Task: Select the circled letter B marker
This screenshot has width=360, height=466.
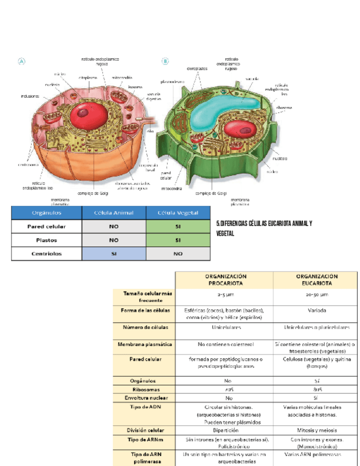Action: click(165, 62)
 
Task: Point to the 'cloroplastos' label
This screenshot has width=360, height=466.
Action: click(197, 69)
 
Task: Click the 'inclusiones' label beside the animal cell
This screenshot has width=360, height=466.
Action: click(30, 96)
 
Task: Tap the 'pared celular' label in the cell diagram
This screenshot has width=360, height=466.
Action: click(166, 175)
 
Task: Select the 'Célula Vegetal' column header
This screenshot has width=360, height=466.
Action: click(179, 213)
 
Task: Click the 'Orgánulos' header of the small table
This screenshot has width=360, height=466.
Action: click(47, 213)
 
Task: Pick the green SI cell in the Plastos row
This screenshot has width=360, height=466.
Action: click(179, 240)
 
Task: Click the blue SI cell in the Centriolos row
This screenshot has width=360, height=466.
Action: click(114, 254)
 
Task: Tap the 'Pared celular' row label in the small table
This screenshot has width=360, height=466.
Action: click(47, 226)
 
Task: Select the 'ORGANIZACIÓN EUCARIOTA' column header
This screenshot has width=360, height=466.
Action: click(316, 280)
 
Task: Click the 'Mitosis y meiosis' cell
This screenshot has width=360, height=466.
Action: click(316, 430)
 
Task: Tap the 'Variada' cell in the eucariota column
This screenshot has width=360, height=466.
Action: click(316, 310)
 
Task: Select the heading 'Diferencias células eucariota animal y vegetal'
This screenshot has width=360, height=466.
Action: click(264, 228)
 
